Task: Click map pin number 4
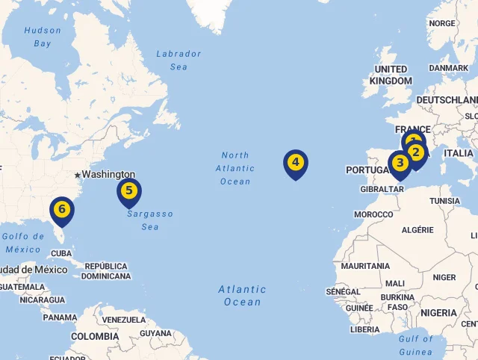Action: pyautogui.click(x=296, y=162)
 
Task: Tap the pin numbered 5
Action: pyautogui.click(x=129, y=190)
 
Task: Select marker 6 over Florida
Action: pyautogui.click(x=62, y=209)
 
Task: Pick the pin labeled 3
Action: pyautogui.click(x=400, y=163)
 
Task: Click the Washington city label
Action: pyautogui.click(x=108, y=174)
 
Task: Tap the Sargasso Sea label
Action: pyautogui.click(x=149, y=220)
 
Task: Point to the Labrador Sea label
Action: pyautogui.click(x=179, y=60)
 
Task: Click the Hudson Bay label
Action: pyautogui.click(x=43, y=37)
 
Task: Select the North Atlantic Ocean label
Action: pyautogui.click(x=235, y=168)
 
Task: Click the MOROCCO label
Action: pyautogui.click(x=373, y=214)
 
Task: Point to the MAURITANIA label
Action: pyautogui.click(x=365, y=266)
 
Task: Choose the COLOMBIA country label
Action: pyautogui.click(x=95, y=336)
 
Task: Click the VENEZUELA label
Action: pyautogui.click(x=124, y=320)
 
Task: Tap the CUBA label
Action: pyautogui.click(x=61, y=253)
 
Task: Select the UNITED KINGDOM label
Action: pyautogui.click(x=391, y=75)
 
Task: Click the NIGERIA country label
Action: pyautogui.click(x=438, y=312)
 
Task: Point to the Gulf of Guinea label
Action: pyautogui.click(x=416, y=345)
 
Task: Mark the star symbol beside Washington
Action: pyautogui.click(x=77, y=175)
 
